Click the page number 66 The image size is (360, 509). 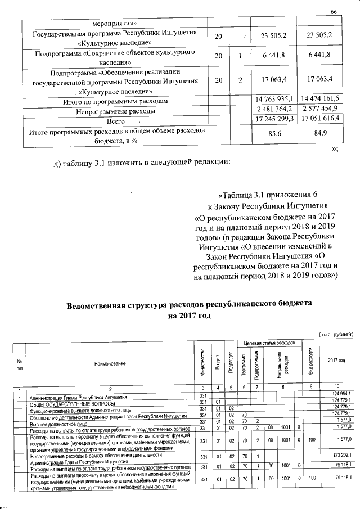332,12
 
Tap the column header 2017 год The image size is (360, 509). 336,361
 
